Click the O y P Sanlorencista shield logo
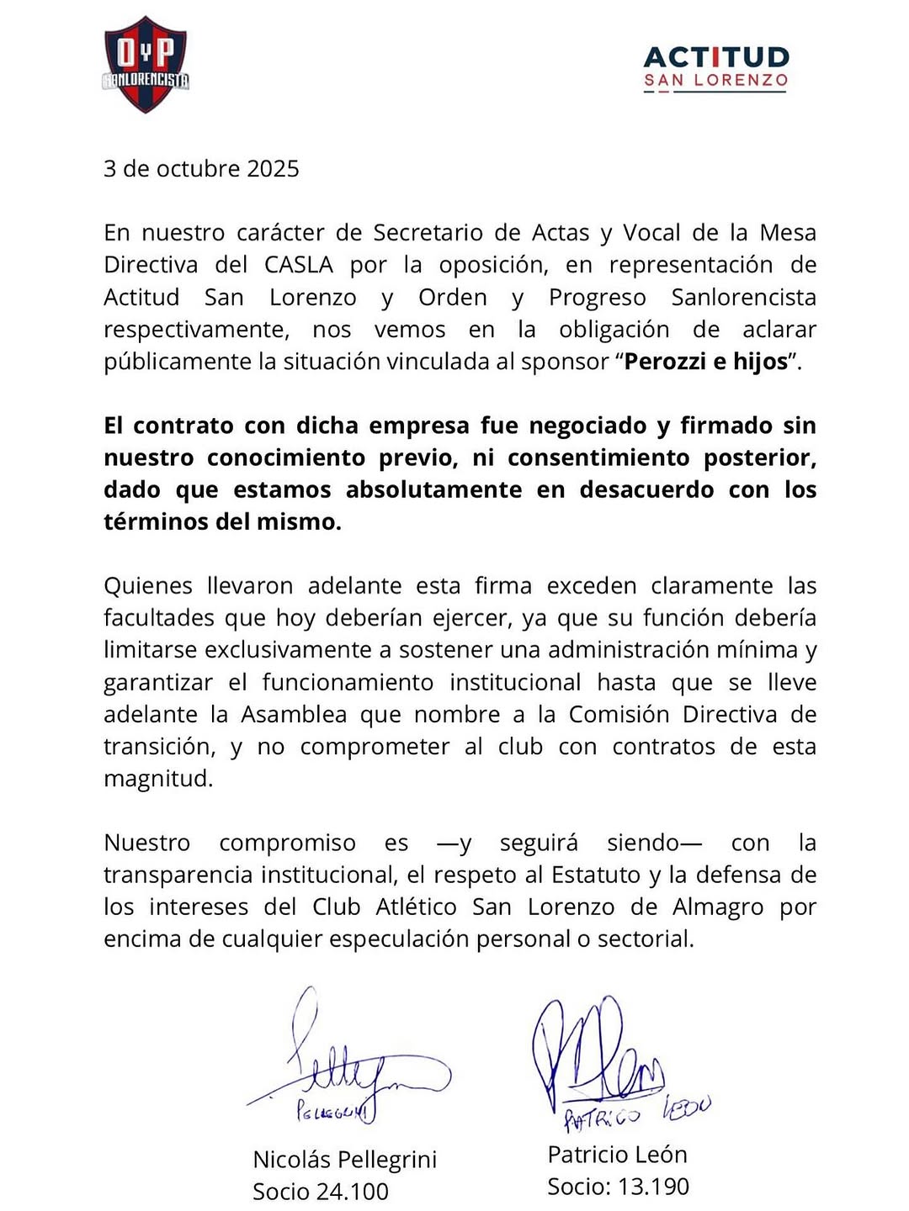(x=146, y=65)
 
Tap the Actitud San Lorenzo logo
(x=716, y=68)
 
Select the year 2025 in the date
(x=273, y=169)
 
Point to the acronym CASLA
(x=299, y=265)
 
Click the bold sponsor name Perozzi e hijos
(x=707, y=362)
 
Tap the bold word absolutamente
(x=433, y=489)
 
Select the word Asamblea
(x=294, y=715)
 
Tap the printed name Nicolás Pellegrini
(x=345, y=1160)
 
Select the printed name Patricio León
(x=617, y=1155)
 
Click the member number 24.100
(x=353, y=1192)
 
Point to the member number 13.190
(x=653, y=1187)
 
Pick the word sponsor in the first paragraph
(x=565, y=362)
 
